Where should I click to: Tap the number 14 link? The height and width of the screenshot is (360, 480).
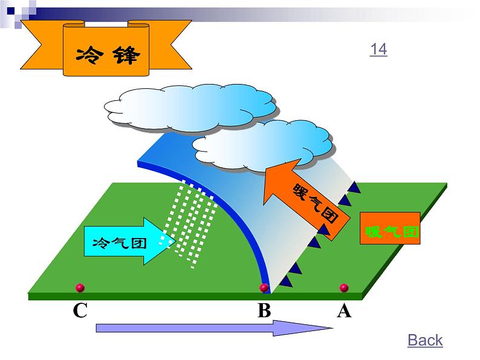[378, 50]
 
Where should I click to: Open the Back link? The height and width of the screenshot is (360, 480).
[425, 340]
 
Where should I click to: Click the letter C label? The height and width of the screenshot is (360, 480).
[80, 311]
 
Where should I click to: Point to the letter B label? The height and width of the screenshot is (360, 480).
[264, 311]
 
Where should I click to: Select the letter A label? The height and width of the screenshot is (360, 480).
[344, 311]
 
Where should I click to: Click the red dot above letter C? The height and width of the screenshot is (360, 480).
[79, 288]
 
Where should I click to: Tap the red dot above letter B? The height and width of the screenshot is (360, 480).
[264, 288]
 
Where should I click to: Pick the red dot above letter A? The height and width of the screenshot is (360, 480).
[344, 288]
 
